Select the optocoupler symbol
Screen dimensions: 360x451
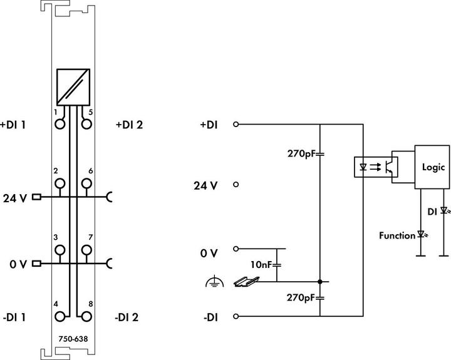(x=375, y=168)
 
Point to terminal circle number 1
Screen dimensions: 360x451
(x=60, y=124)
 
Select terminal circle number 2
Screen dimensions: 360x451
(x=60, y=184)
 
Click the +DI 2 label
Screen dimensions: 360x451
(x=129, y=125)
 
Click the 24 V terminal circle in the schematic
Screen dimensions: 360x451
(x=236, y=185)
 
